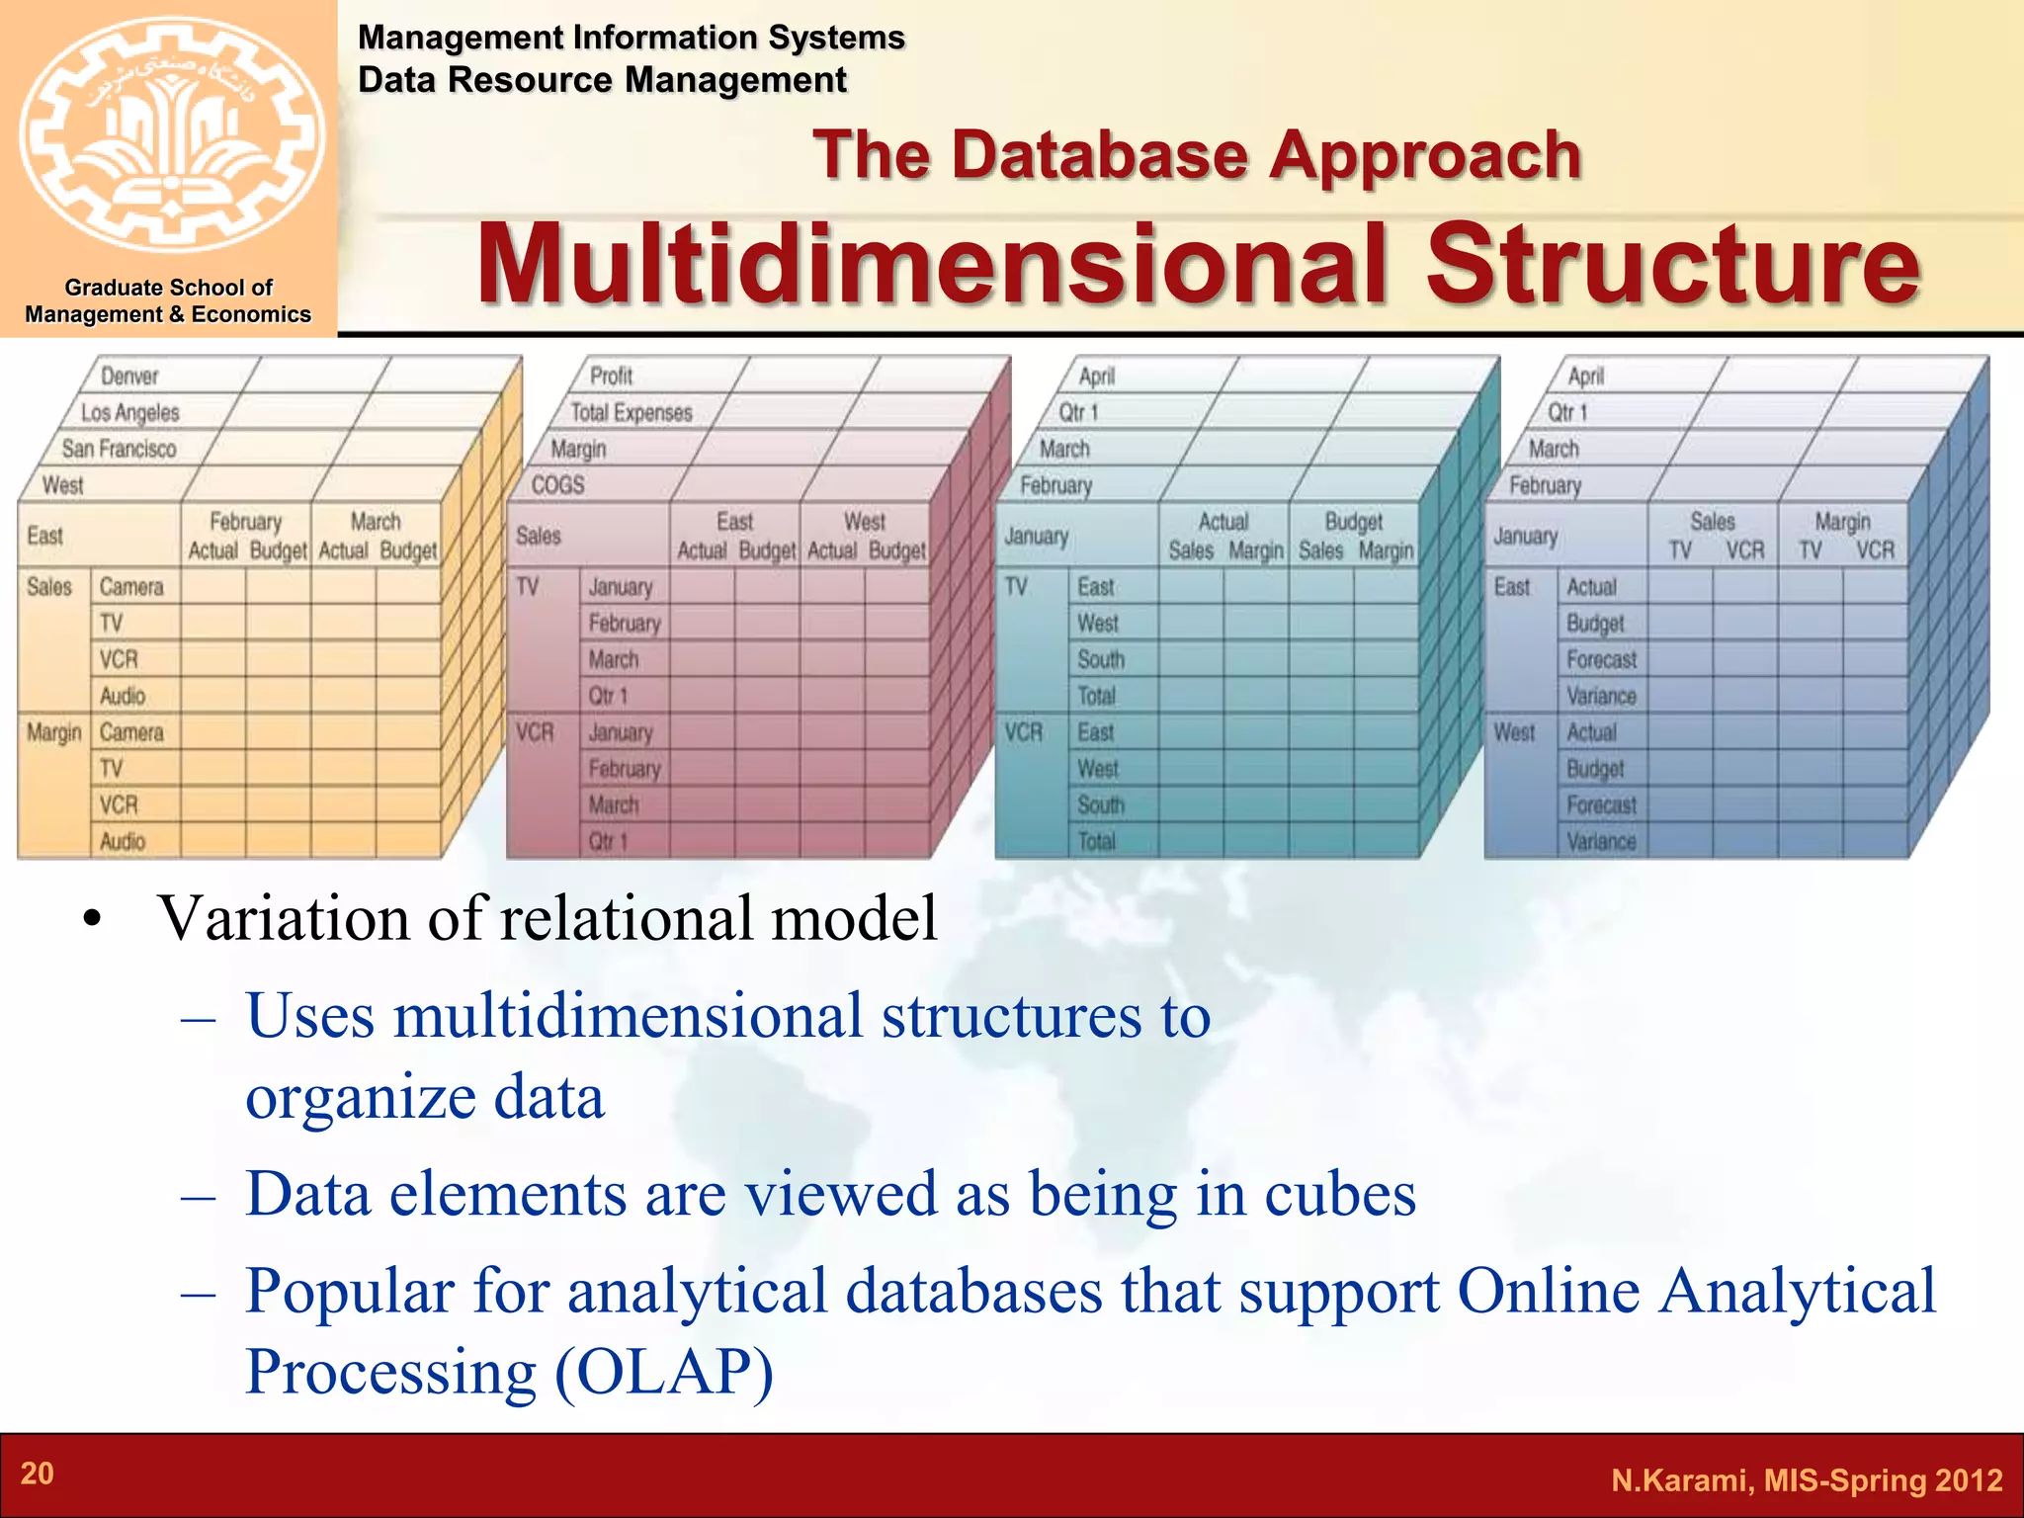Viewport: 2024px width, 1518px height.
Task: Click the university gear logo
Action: point(170,135)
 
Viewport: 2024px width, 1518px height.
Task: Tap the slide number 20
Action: point(38,1474)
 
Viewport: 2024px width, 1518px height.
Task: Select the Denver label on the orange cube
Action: point(129,377)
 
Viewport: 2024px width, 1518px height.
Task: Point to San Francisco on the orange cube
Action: point(119,450)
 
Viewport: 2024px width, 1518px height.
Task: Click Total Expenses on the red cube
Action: point(631,413)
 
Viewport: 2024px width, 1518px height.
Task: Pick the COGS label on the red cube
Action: point(557,485)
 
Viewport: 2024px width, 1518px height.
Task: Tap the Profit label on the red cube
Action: point(611,377)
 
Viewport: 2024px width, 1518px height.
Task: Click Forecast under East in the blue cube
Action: point(1601,660)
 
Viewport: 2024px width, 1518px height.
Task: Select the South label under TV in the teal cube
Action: point(1101,660)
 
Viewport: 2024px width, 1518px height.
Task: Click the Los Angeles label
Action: point(130,413)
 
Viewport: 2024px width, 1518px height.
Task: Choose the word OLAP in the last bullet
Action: point(664,1373)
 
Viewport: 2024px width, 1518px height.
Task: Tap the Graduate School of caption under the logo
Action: point(168,288)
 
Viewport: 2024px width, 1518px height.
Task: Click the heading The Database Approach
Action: point(1197,156)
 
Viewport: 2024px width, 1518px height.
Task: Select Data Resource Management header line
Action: point(602,80)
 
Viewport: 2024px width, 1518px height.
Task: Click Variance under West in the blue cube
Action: point(1601,842)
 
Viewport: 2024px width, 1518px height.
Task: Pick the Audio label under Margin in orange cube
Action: point(123,842)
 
